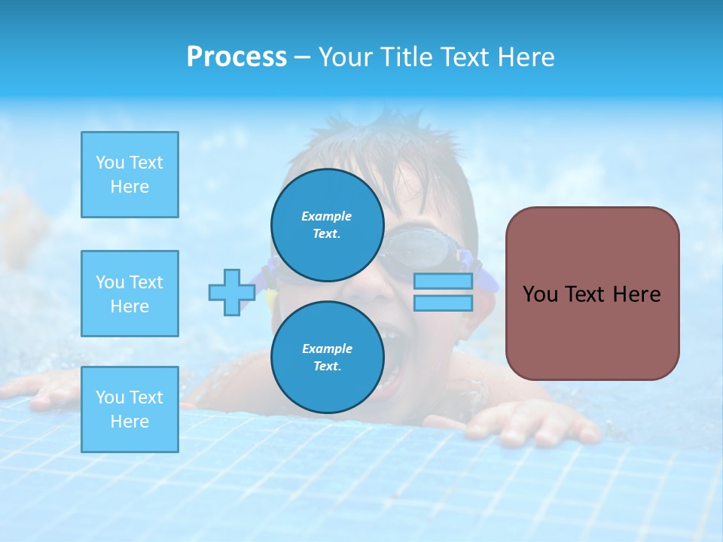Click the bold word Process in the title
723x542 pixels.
236,57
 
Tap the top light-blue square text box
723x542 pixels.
130,175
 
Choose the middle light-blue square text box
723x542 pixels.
130,294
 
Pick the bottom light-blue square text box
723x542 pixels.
130,409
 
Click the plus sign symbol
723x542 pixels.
231,293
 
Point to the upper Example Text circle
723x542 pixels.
328,224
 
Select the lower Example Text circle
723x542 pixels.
328,357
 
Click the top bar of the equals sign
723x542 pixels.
443,282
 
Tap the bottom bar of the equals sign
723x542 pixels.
443,303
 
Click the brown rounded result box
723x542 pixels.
592,293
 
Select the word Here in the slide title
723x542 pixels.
528,57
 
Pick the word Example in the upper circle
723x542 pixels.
327,216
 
